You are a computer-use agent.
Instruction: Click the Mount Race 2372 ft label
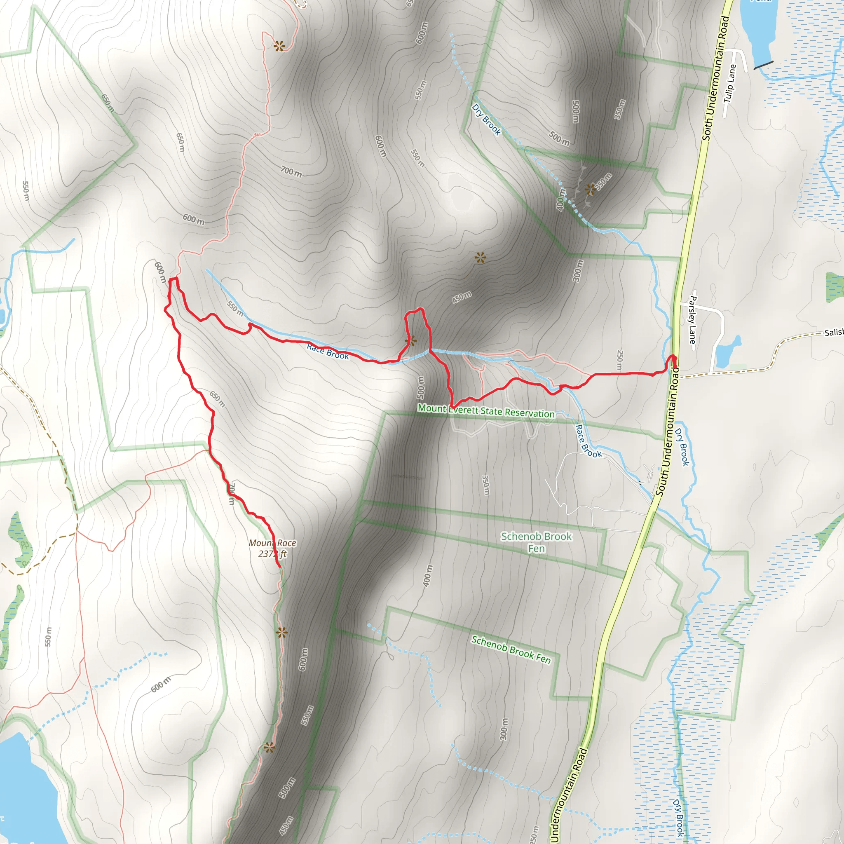pos(272,548)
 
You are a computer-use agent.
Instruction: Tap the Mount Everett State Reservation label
pos(486,410)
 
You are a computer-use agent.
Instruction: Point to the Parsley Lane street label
pos(692,319)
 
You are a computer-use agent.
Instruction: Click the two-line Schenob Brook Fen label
pos(536,542)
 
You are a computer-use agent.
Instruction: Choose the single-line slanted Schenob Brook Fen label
pos(511,649)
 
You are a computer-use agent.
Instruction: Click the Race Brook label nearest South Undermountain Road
pos(588,441)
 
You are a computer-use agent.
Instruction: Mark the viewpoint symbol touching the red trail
pos(410,341)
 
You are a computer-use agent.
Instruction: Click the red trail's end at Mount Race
pos(279,567)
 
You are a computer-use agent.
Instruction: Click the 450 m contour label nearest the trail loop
pos(461,298)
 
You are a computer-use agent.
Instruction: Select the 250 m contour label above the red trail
pos(619,360)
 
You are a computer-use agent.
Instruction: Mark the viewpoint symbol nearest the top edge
pos(279,45)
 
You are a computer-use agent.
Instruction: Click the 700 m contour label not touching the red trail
pos(291,172)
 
